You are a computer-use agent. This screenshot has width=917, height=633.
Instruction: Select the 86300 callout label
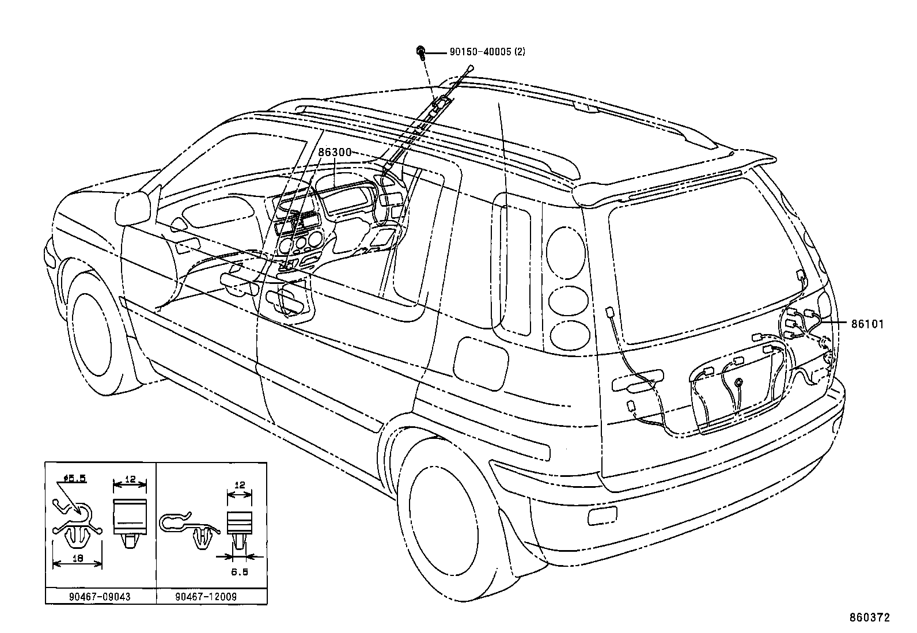(x=335, y=153)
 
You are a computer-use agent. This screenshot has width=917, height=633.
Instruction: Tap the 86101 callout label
(x=866, y=324)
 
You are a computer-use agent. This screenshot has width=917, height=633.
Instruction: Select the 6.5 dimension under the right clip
(x=240, y=572)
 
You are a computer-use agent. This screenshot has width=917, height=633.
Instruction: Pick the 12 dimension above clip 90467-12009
(x=240, y=485)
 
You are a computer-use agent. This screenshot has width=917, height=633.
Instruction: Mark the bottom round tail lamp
(x=570, y=336)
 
